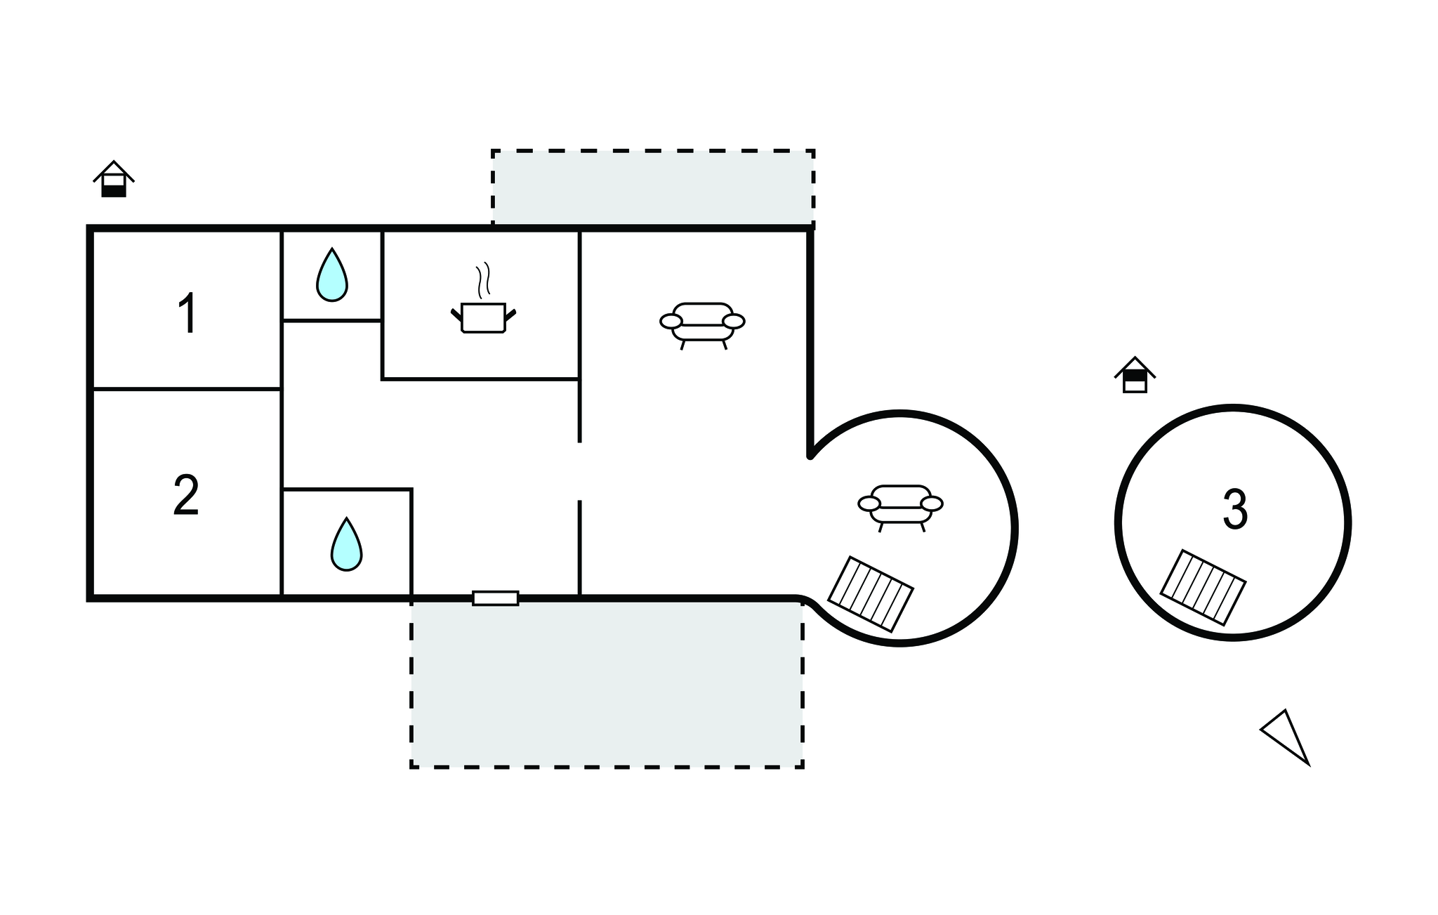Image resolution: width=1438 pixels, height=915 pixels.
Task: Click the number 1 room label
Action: pyautogui.click(x=187, y=313)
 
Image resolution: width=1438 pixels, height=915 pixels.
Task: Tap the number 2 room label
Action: pyautogui.click(x=186, y=495)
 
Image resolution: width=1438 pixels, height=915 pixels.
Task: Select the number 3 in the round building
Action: pyautogui.click(x=1235, y=510)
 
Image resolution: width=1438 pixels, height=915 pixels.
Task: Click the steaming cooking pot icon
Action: pyautogui.click(x=483, y=316)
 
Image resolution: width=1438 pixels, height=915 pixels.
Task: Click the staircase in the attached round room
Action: pyautogui.click(x=871, y=594)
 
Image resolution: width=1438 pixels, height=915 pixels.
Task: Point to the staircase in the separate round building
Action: pyautogui.click(x=1203, y=587)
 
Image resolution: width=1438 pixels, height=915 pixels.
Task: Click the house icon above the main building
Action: pyautogui.click(x=114, y=179)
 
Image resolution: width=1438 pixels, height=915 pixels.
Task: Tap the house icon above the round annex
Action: pyautogui.click(x=1135, y=375)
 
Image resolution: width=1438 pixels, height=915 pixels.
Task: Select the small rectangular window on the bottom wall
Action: pyautogui.click(x=496, y=598)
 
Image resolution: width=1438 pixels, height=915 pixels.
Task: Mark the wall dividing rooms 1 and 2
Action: pyautogui.click(x=187, y=388)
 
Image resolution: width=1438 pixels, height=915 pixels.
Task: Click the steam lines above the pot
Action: pyautogui.click(x=483, y=279)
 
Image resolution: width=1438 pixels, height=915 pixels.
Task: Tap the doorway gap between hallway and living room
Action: pyautogui.click(x=580, y=471)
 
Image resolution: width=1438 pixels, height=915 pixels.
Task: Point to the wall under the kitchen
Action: pyautogui.click(x=480, y=379)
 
